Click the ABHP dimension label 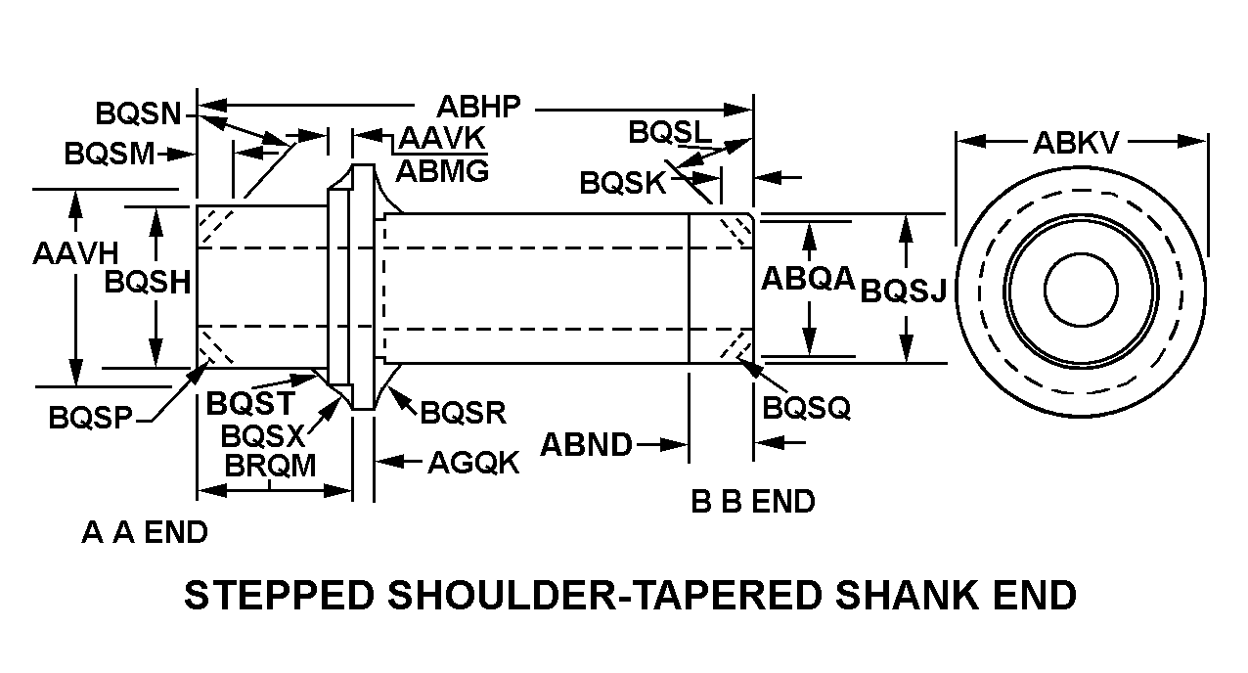[x=479, y=106]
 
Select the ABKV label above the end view [x=1076, y=144]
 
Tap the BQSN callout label [x=139, y=113]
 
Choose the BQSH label [x=147, y=283]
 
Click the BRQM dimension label [x=271, y=466]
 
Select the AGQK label [x=473, y=462]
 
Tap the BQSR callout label [x=464, y=412]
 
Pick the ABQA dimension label [x=808, y=280]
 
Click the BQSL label [x=671, y=132]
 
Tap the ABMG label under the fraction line [x=442, y=171]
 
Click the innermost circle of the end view [x=1081, y=288]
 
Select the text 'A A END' [x=145, y=533]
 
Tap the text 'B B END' [x=752, y=502]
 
